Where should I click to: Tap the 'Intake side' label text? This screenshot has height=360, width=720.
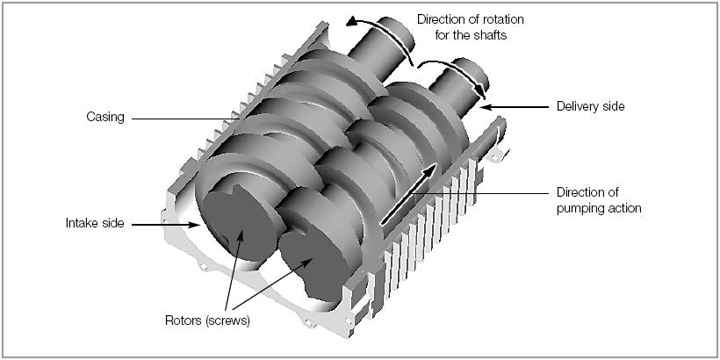pyautogui.click(x=95, y=224)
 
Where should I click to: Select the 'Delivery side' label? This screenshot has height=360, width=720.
pyautogui.click(x=590, y=107)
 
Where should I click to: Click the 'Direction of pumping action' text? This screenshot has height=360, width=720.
pyautogui.click(x=599, y=200)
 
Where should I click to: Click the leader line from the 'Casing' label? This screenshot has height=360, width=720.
pyautogui.click(x=176, y=119)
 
